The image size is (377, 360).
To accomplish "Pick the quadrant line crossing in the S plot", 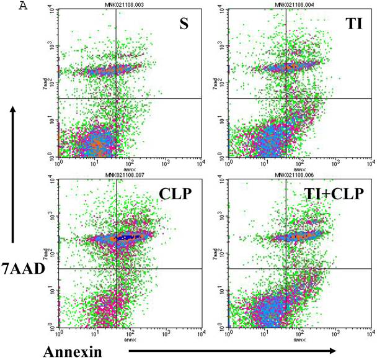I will pyautogui.click(x=116, y=99).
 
